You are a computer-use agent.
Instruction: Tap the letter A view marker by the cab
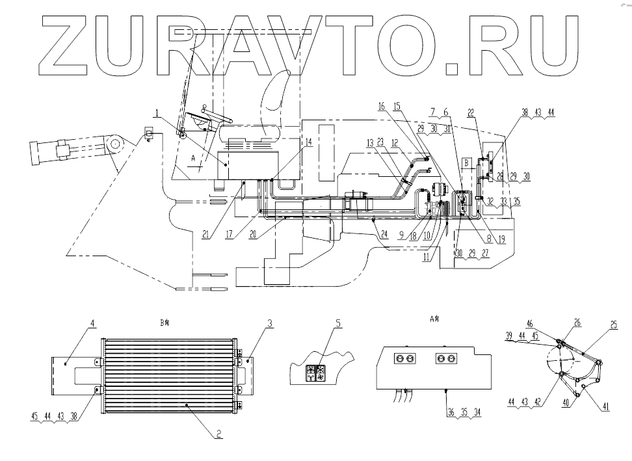pos(193,159)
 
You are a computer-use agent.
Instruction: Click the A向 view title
pos(435,319)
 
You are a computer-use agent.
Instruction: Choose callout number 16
pos(382,105)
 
